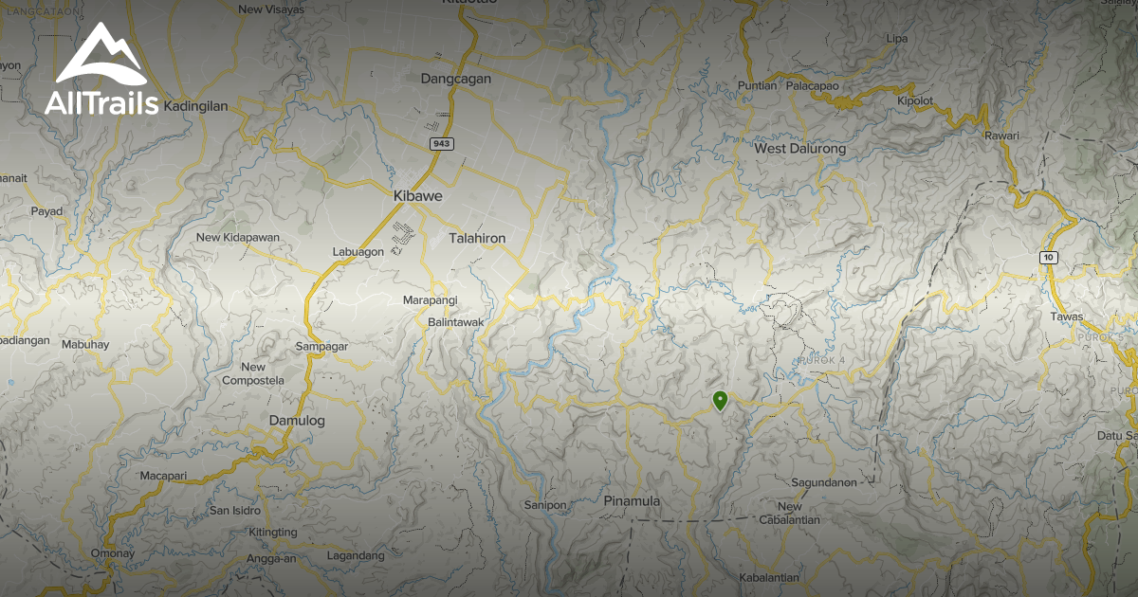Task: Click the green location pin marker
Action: click(720, 401)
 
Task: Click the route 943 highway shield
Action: click(440, 144)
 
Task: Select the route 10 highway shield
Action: click(1048, 257)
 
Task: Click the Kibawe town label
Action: click(413, 195)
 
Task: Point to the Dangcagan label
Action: click(456, 80)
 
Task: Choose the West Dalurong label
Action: click(799, 149)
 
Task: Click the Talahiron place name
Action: click(477, 238)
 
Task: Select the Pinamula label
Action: click(632, 500)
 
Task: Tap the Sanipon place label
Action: click(545, 505)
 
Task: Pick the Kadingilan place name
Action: click(196, 106)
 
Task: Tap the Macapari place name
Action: click(165, 476)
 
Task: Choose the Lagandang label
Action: click(356, 555)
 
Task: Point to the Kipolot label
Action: click(915, 100)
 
